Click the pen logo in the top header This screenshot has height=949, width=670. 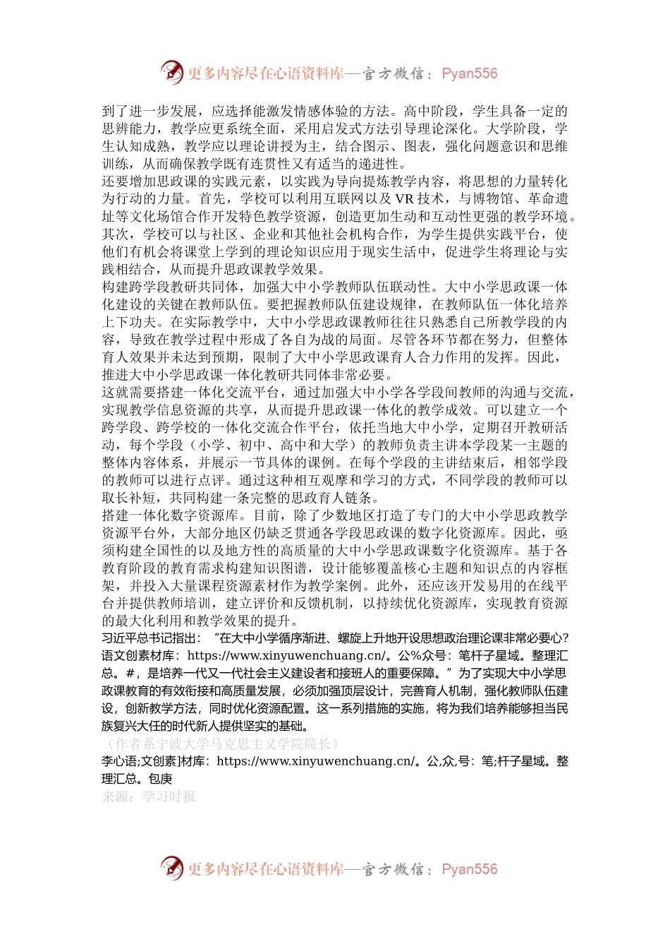pos(171,72)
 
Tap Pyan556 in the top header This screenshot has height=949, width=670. pos(469,73)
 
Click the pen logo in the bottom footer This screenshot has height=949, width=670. pos(171,868)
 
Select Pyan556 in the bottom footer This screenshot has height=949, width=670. pos(469,869)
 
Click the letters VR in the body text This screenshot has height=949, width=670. pos(404,199)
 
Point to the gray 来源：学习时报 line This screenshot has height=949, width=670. pos(149,796)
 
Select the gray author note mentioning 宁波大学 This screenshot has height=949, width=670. pos(220,744)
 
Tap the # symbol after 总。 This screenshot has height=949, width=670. pos(129,674)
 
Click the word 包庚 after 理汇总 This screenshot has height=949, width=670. pos(160,779)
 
